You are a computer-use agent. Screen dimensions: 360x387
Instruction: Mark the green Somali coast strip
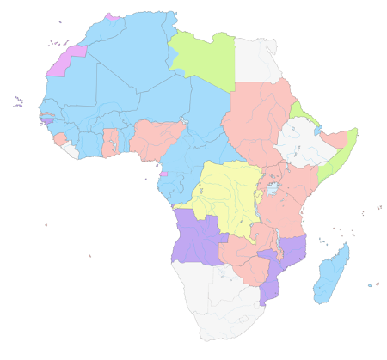click(338, 155)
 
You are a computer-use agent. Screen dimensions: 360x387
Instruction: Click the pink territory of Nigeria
click(155, 137)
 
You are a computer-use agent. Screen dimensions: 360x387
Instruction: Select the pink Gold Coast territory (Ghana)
click(110, 142)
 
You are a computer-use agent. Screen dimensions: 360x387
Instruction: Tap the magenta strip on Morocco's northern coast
click(111, 16)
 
